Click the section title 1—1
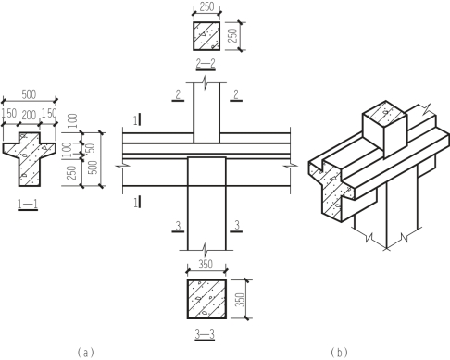28,204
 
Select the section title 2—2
206,64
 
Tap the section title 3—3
205,334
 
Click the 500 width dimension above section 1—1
29,94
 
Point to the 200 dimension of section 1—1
29,115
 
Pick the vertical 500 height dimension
94,168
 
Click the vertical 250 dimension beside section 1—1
72,173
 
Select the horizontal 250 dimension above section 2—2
206,6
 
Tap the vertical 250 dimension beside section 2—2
233,36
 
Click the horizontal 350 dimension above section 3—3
206,265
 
